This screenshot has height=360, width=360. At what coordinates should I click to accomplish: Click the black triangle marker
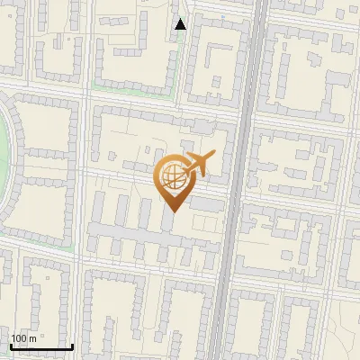coord(181,23)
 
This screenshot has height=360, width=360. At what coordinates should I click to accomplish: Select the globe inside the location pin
coord(172,176)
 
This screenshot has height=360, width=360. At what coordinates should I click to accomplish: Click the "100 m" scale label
coord(23,337)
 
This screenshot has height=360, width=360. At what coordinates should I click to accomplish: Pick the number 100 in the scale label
coord(19,337)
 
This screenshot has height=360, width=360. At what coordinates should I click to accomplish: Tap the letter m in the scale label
coord(31,337)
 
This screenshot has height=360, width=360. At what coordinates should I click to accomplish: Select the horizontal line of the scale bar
coord(40,346)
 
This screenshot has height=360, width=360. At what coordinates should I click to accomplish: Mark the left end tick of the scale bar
coord(10,345)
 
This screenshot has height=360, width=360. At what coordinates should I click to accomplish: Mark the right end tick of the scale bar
coord(72,345)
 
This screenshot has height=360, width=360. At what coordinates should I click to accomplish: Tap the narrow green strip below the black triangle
coord(185,63)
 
